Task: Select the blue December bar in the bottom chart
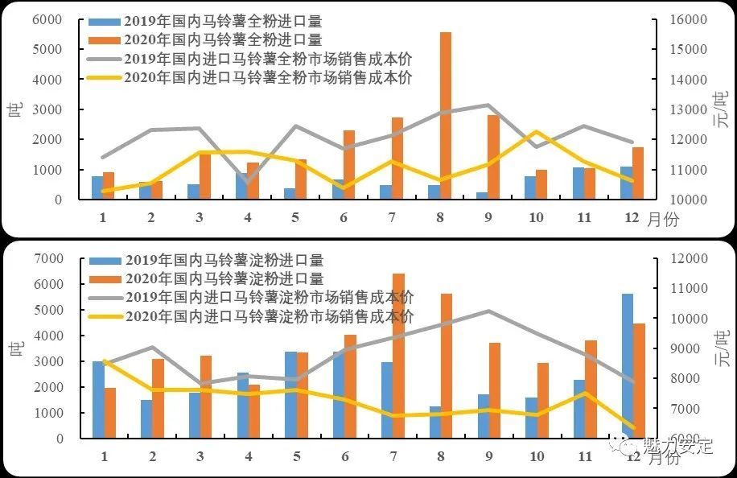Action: click(628, 366)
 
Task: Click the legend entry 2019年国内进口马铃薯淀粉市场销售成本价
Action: click(269, 297)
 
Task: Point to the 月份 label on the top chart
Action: click(663, 220)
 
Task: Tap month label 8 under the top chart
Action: click(441, 218)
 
